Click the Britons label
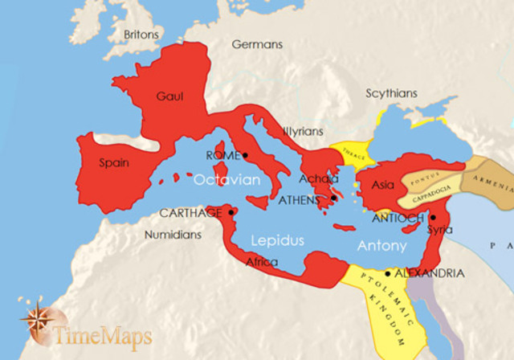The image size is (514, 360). (141, 35)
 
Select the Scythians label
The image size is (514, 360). (391, 93)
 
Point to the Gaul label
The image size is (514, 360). (169, 96)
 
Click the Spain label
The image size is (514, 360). (113, 162)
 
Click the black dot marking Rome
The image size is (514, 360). (246, 155)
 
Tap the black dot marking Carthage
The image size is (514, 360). (231, 212)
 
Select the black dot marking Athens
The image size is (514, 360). (333, 198)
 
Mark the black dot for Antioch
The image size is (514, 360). (432, 217)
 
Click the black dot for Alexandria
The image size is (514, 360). (387, 273)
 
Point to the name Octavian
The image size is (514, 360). (226, 181)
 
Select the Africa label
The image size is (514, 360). (262, 263)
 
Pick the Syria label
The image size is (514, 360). (439, 230)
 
